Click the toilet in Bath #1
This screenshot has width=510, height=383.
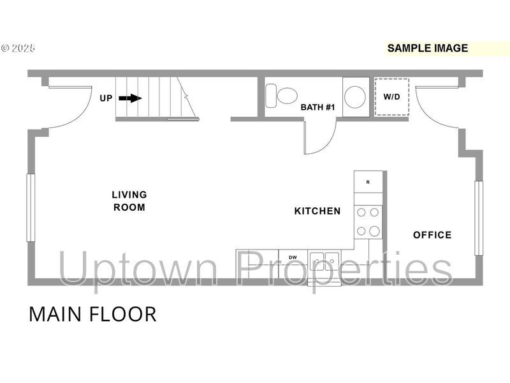click(x=281, y=96)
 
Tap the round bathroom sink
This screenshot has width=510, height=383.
click(x=355, y=97)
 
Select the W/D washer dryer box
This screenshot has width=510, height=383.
click(x=391, y=97)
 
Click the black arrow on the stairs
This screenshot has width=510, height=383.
click(x=130, y=98)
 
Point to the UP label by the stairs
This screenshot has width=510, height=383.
click(x=106, y=98)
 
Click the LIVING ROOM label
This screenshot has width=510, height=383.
click(x=129, y=201)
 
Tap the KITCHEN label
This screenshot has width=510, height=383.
click(x=317, y=211)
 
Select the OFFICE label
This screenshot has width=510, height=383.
click(x=432, y=235)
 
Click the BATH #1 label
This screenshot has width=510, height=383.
click(x=317, y=107)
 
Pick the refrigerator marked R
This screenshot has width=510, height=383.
click(x=368, y=182)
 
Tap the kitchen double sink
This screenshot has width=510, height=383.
click(x=324, y=261)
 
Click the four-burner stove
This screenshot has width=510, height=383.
click(x=368, y=222)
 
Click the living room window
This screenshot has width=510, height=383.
click(x=31, y=208)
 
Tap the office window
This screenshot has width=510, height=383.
click(x=479, y=218)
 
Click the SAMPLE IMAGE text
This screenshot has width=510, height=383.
click(x=428, y=49)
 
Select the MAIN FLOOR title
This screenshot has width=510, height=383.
click(x=92, y=314)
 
